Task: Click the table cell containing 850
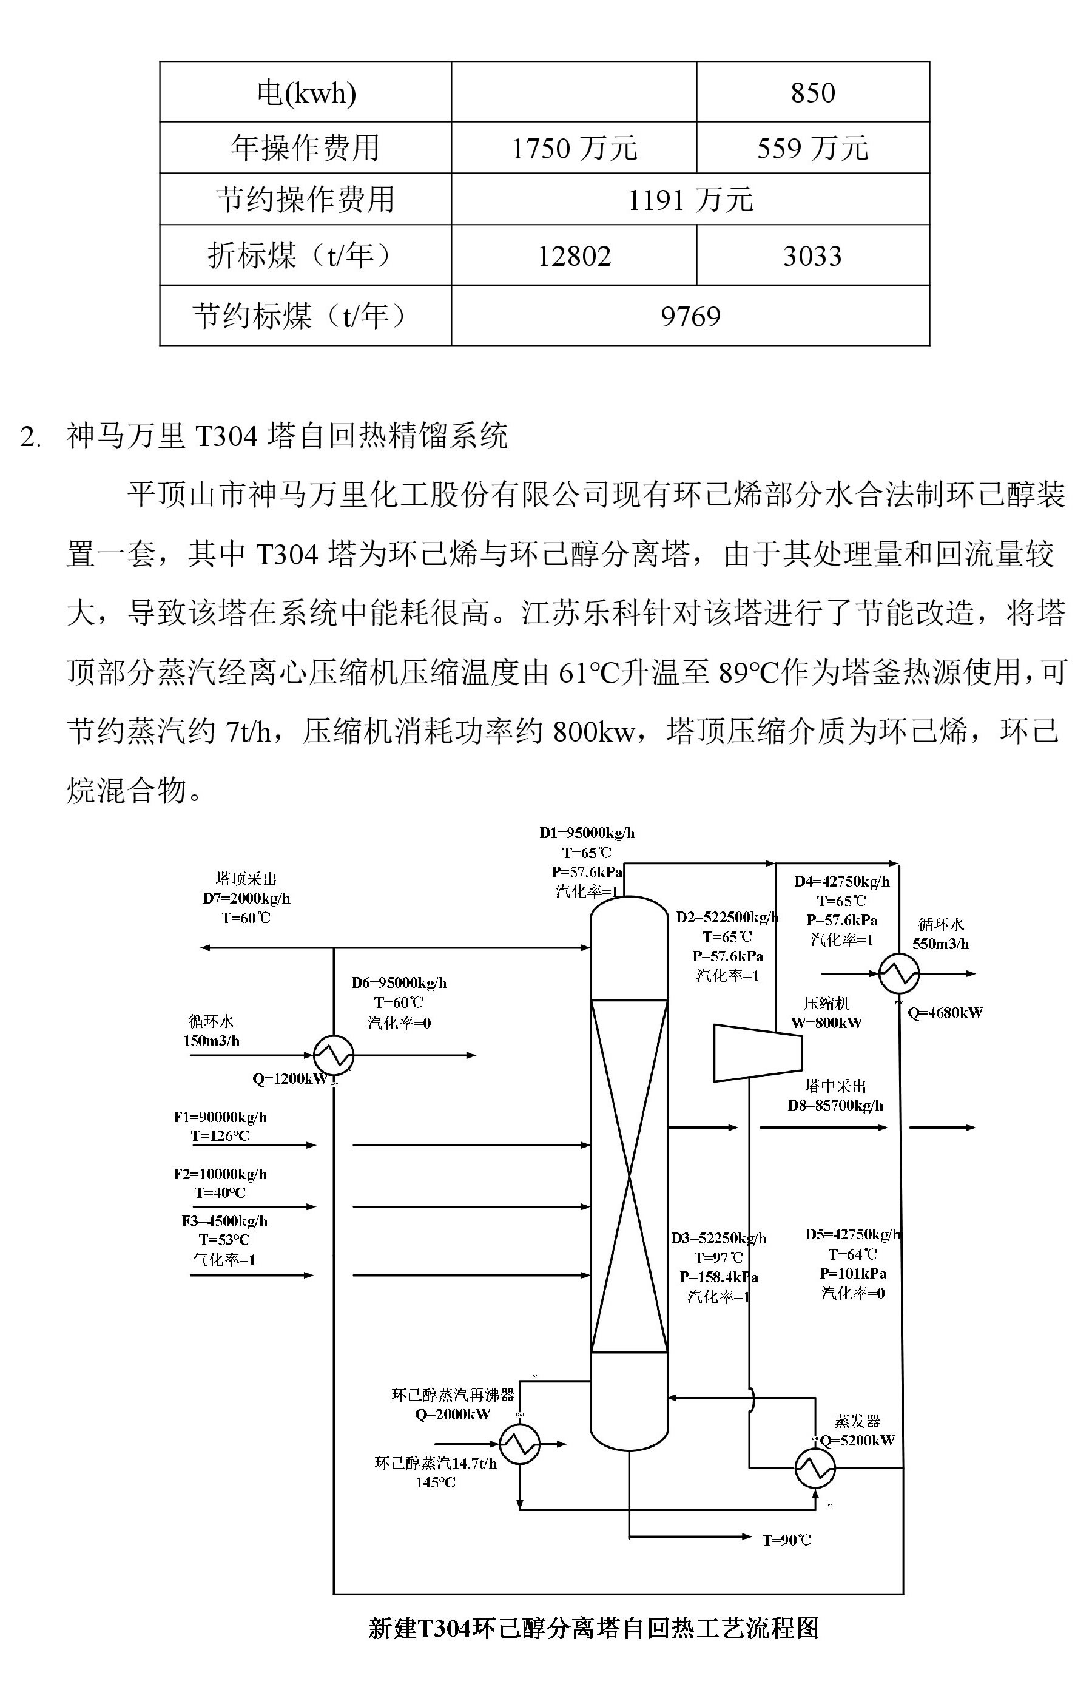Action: point(812,92)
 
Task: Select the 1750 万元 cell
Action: point(573,148)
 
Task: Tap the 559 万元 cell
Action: point(812,148)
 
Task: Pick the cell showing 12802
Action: point(573,256)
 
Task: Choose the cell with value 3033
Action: point(812,256)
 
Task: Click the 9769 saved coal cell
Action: point(690,316)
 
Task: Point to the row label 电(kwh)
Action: point(305,92)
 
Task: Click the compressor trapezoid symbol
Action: point(757,1053)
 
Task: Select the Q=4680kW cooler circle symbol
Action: point(898,974)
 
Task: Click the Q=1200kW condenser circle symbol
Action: point(333,1055)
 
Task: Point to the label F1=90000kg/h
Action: point(220,1117)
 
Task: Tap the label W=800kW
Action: point(826,1023)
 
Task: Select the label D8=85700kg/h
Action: point(835,1105)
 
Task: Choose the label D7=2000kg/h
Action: point(246,898)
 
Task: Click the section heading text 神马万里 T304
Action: point(287,435)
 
